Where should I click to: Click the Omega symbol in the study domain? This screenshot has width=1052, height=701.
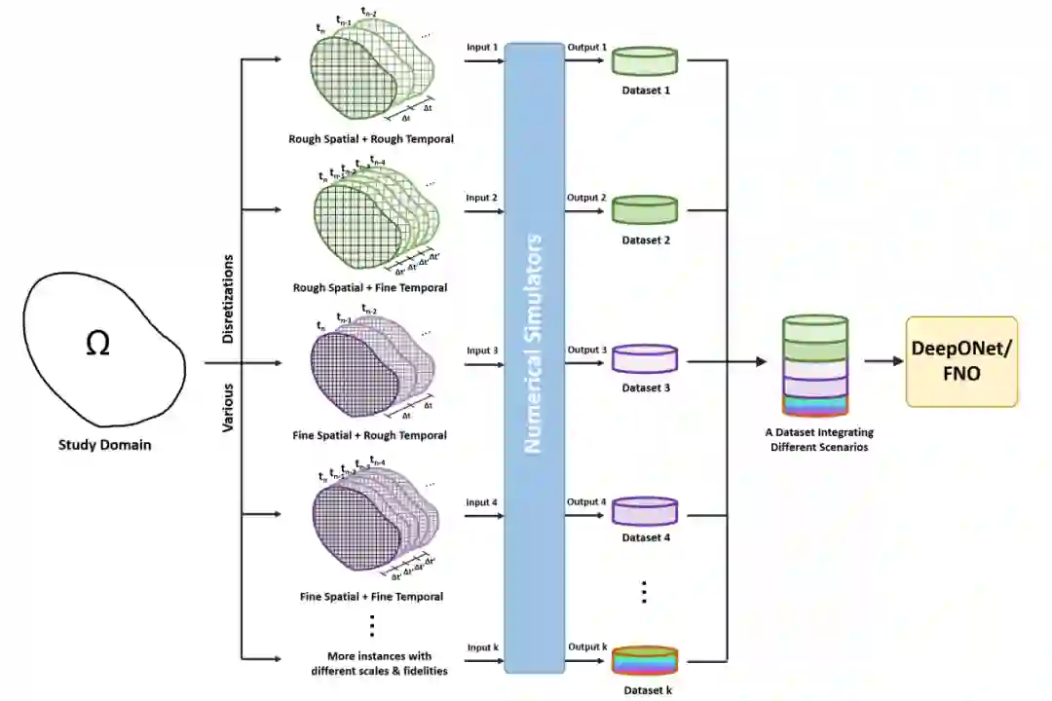97,345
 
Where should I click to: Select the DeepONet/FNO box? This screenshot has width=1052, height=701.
961,361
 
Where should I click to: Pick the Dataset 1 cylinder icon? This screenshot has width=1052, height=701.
644,61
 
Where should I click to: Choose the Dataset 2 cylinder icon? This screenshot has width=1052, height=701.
644,209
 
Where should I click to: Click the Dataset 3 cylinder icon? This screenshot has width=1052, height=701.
644,359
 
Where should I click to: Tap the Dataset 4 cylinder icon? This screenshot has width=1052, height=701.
644,510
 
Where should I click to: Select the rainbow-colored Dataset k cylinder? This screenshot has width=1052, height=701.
644,662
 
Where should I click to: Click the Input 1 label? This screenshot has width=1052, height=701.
481,47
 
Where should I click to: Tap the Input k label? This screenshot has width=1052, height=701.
481,647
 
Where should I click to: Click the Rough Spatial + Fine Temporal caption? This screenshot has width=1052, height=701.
370,288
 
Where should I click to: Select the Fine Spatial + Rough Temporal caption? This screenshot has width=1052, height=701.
369,435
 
